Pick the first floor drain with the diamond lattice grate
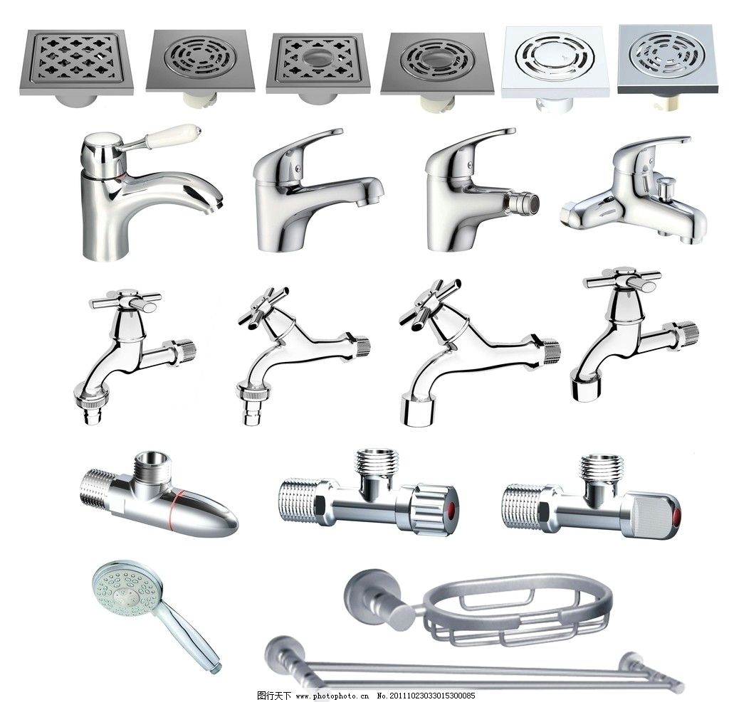click(77, 63)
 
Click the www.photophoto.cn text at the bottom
click(332, 696)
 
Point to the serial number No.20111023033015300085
click(426, 696)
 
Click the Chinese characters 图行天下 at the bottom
click(274, 696)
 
